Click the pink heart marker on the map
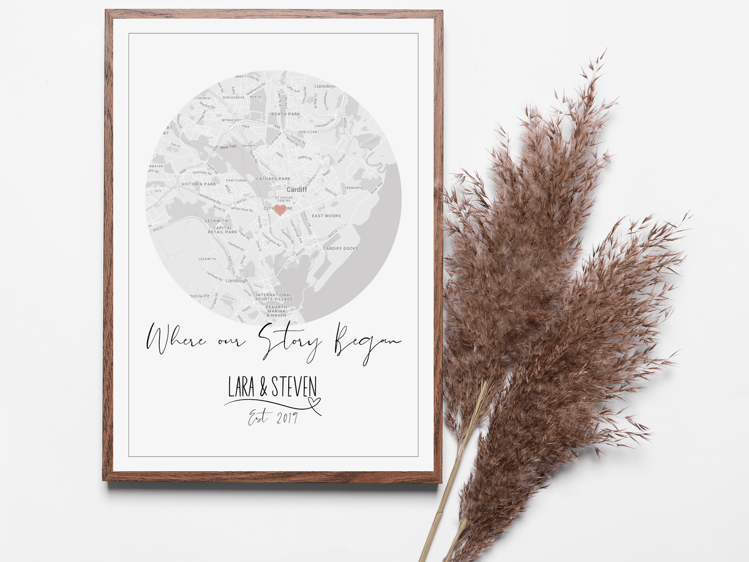(x=280, y=210)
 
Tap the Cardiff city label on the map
(x=296, y=190)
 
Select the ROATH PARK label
(x=286, y=114)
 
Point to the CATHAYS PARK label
(x=273, y=179)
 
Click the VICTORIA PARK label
(x=199, y=184)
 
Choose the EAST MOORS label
(x=326, y=216)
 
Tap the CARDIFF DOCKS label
(x=341, y=248)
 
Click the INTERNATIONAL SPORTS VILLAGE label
(x=274, y=297)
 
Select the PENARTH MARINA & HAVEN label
(x=276, y=311)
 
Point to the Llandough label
(x=236, y=280)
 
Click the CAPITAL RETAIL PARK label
(x=222, y=230)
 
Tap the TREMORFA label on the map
(x=354, y=188)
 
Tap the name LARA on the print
(x=241, y=387)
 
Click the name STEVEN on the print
(x=294, y=387)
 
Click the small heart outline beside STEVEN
(x=314, y=402)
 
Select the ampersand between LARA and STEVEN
(x=263, y=387)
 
